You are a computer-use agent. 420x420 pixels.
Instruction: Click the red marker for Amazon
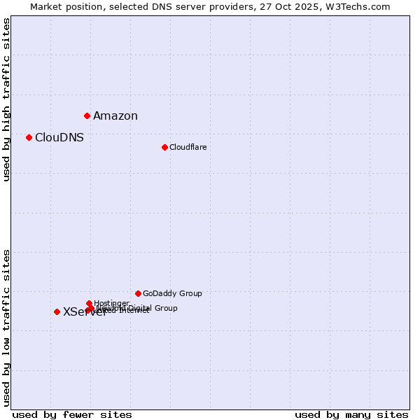pos(87,115)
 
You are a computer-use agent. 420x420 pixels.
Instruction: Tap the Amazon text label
pos(115,116)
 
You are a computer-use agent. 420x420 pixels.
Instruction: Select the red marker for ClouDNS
pos(29,137)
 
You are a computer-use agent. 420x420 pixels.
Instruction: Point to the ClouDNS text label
pos(59,138)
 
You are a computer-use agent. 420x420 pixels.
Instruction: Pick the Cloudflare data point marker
pos(164,147)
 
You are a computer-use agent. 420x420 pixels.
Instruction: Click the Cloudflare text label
pos(188,147)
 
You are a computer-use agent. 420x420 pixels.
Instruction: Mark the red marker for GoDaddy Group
pos(138,293)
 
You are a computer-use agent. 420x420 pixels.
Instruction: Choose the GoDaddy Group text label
pos(172,293)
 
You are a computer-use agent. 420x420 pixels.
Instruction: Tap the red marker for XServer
pos(57,311)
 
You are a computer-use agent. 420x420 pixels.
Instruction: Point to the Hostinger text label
pos(111,303)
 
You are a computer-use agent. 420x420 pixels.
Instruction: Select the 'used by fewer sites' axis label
pos(72,414)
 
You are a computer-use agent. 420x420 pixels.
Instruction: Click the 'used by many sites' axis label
pos(351,414)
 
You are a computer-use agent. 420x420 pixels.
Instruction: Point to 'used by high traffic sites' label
pos(7,99)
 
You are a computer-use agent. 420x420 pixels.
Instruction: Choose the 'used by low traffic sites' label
pos(7,328)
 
